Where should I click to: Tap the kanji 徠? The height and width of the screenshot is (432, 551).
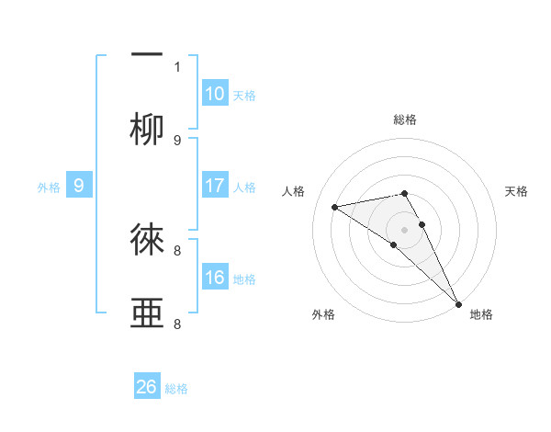pyautogui.click(x=147, y=240)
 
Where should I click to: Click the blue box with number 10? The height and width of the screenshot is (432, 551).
pyautogui.click(x=215, y=94)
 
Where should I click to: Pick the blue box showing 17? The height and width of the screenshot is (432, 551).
pyautogui.click(x=215, y=186)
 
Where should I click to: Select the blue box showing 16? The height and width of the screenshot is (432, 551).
pyautogui.click(x=215, y=278)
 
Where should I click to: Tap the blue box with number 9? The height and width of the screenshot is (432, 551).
pyautogui.click(x=79, y=186)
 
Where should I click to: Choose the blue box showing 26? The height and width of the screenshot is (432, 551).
pyautogui.click(x=147, y=387)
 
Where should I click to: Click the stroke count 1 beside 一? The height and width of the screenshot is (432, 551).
pyautogui.click(x=177, y=66)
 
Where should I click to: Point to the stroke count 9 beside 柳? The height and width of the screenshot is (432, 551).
pyautogui.click(x=177, y=141)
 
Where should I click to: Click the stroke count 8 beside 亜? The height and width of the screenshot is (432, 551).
pyautogui.click(x=177, y=324)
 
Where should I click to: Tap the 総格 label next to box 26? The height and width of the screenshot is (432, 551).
pyautogui.click(x=176, y=389)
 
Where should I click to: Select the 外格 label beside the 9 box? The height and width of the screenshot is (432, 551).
pyautogui.click(x=49, y=188)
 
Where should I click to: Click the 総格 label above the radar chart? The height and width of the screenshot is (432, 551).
pyautogui.click(x=405, y=119)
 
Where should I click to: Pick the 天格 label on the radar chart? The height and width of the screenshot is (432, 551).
pyautogui.click(x=517, y=191)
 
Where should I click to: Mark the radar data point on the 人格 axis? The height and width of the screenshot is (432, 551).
pyautogui.click(x=335, y=207)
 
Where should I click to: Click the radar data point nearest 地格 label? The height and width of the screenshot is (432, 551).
pyautogui.click(x=458, y=303)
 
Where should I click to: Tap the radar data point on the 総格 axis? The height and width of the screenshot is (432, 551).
pyautogui.click(x=405, y=193)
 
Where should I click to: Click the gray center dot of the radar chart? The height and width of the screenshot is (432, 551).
pyautogui.click(x=405, y=229)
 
